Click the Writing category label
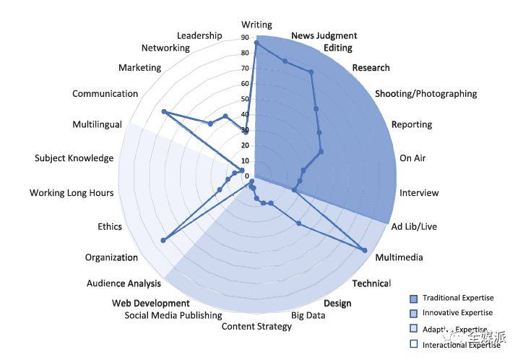tap(256, 25)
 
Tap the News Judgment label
tap(324, 36)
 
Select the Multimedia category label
tap(399, 257)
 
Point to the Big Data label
tap(308, 315)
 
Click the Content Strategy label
tap(256, 326)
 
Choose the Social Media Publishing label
tap(173, 315)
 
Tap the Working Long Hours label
tap(72, 193)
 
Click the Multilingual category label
tap(97, 124)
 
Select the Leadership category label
tap(199, 35)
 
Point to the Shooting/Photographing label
tap(426, 93)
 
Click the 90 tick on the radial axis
tap(245, 38)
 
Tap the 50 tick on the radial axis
tap(245, 99)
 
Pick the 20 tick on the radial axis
tap(245, 145)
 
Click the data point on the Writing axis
tap(256, 44)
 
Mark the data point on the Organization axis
tap(164, 240)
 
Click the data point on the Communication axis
tap(164, 112)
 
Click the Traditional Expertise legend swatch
tap(413, 299)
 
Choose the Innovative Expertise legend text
tap(457, 313)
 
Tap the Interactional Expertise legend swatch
tap(413, 345)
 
